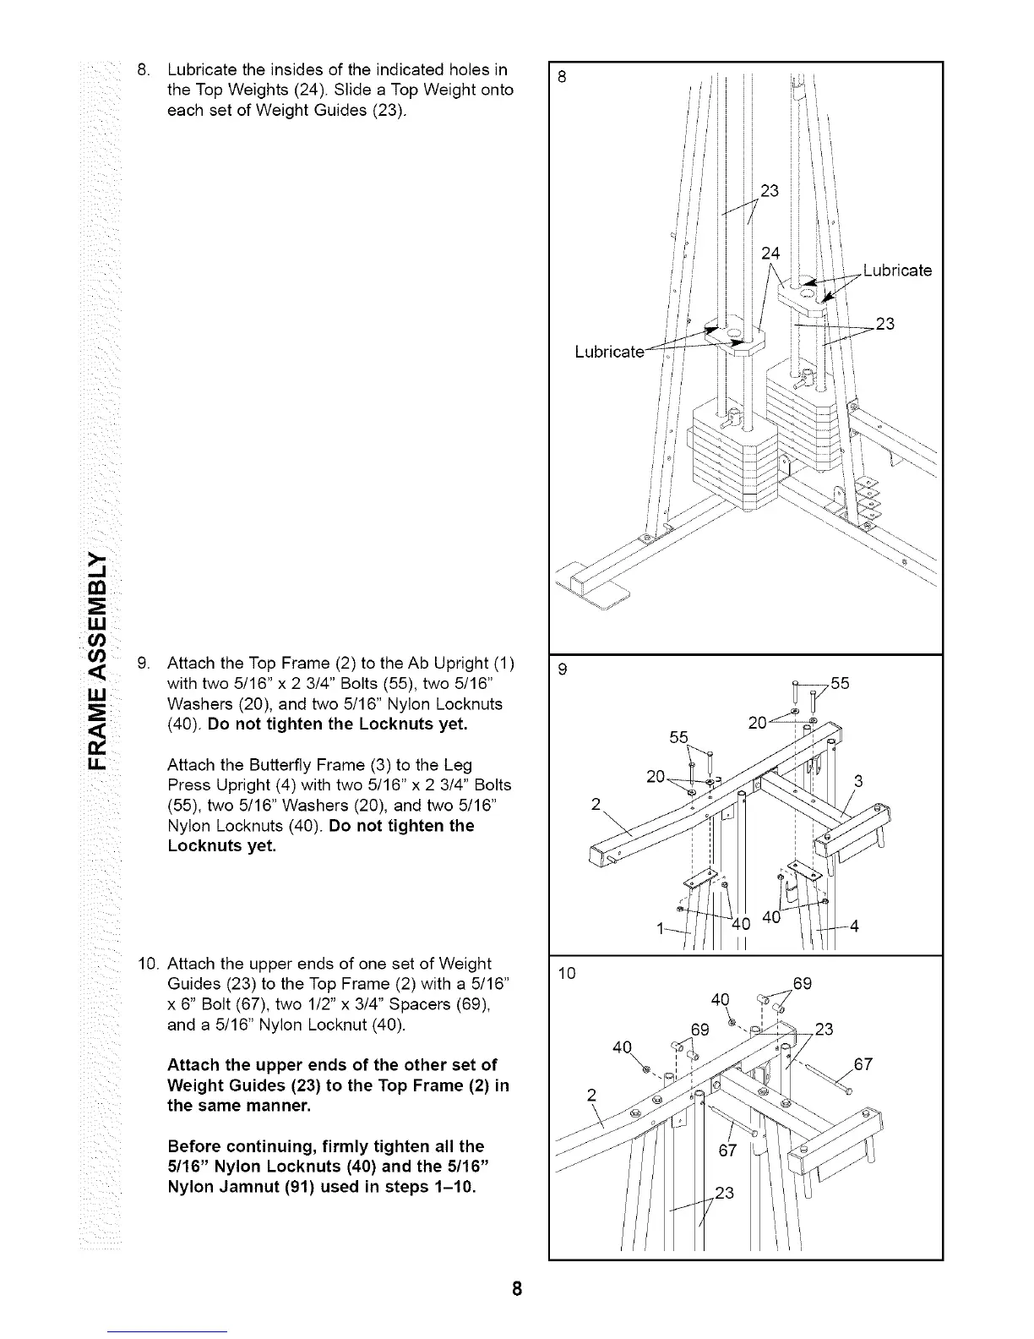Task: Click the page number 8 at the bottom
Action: pyautogui.click(x=517, y=1290)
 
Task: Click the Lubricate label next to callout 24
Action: pyautogui.click(x=897, y=271)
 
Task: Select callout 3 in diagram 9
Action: pyautogui.click(x=859, y=781)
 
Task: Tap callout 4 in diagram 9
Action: pyautogui.click(x=854, y=926)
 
